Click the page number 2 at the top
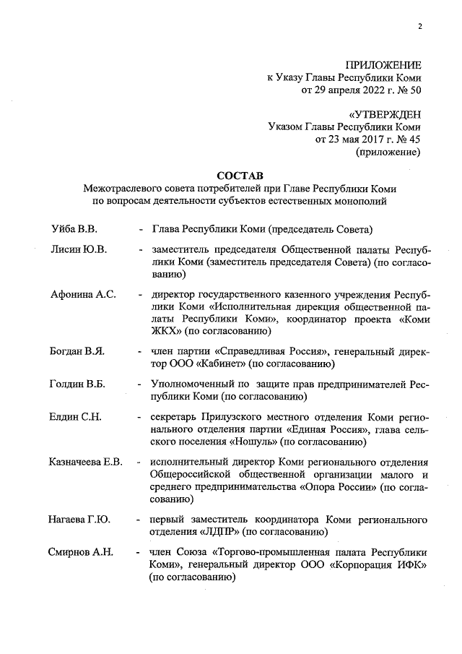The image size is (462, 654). point(419,27)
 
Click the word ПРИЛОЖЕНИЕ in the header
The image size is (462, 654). point(383,65)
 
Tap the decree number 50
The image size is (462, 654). point(415,91)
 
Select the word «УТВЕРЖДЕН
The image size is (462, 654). point(385,114)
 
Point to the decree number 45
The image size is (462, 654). point(415,139)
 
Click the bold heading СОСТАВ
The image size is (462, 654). point(240,176)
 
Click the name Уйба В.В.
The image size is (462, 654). point(74,230)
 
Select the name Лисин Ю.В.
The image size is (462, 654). point(78,250)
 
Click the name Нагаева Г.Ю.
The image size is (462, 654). point(79,519)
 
